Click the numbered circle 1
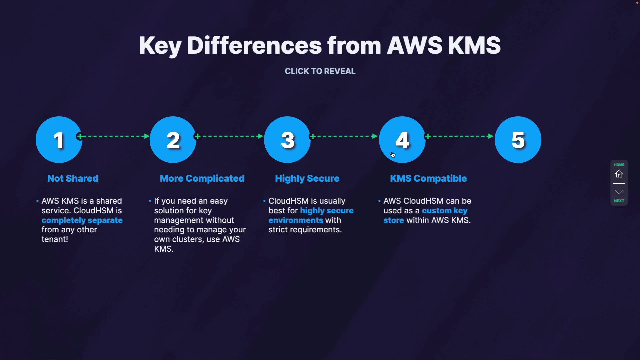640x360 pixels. (x=59, y=140)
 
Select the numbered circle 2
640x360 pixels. (x=173, y=140)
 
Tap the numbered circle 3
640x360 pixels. (x=287, y=140)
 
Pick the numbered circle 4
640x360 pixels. (x=402, y=140)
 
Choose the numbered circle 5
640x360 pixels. (x=518, y=140)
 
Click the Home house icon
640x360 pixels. (x=619, y=174)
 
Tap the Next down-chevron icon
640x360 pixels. (x=619, y=192)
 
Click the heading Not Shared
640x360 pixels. (x=73, y=178)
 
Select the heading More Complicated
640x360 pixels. (x=202, y=178)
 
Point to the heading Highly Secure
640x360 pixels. (x=307, y=178)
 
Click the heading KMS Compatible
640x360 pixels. (x=428, y=178)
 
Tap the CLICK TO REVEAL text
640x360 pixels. (x=320, y=71)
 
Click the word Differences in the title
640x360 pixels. (x=254, y=45)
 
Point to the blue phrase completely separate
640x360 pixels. (x=82, y=220)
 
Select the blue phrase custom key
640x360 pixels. (x=445, y=211)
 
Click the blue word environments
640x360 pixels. (x=296, y=220)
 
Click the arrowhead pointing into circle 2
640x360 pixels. (x=146, y=136)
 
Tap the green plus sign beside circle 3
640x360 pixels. (x=313, y=136)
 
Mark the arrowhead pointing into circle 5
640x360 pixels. (x=491, y=136)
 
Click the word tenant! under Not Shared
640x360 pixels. (x=55, y=239)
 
